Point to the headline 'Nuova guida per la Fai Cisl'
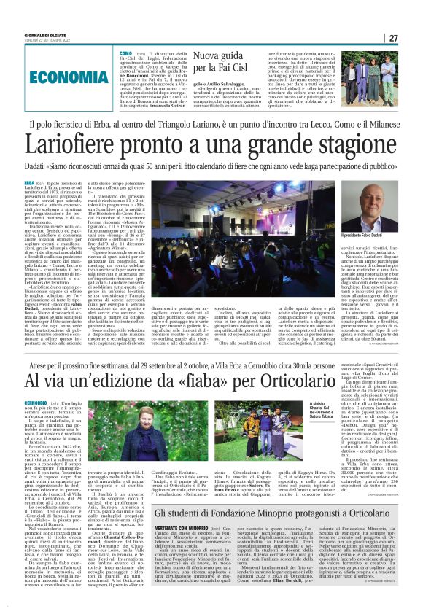(x=219, y=63)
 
